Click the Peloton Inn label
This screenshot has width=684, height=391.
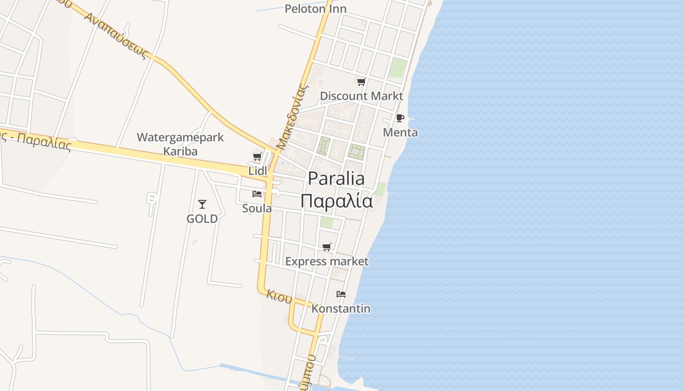coord(316,9)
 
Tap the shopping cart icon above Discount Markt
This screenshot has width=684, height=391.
coord(361,82)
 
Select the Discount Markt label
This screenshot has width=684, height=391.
coord(362,96)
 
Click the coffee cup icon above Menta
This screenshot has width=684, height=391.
coord(400,118)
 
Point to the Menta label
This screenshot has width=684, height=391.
coord(400,132)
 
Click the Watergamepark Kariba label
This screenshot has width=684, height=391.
coord(180,144)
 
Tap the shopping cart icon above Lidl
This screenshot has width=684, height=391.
coord(257,157)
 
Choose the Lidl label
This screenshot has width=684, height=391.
coord(258,171)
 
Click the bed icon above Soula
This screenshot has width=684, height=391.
coord(257,194)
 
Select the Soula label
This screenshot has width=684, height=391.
coord(257,208)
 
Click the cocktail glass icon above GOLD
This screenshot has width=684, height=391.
coord(202,204)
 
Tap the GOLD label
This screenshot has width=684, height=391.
coord(202,218)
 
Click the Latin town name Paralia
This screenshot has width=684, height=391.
coord(336,179)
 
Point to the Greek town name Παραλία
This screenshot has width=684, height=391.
coord(336,201)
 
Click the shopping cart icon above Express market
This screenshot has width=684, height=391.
coord(327,247)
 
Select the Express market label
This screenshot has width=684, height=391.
coord(327,261)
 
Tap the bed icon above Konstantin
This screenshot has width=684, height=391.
coord(341,294)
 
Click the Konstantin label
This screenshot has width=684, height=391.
coord(341,309)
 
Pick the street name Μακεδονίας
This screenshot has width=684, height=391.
coord(293,117)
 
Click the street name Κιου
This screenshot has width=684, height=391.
coord(279,296)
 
